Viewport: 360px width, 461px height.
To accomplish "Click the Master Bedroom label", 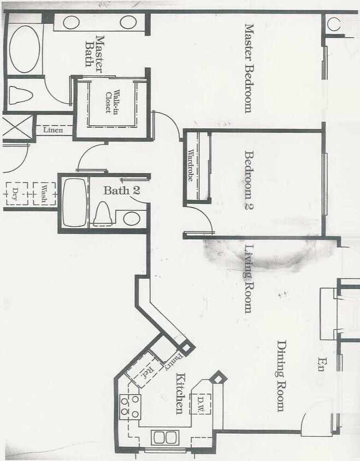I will (249, 68).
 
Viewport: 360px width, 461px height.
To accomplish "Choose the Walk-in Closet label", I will (112, 103).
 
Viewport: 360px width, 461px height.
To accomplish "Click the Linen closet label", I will (53, 130).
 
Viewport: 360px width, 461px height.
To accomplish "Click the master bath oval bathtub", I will (24, 49).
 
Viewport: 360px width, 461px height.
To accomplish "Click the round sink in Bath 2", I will (131, 218).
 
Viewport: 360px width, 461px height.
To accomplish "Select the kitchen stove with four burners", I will (130, 406).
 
